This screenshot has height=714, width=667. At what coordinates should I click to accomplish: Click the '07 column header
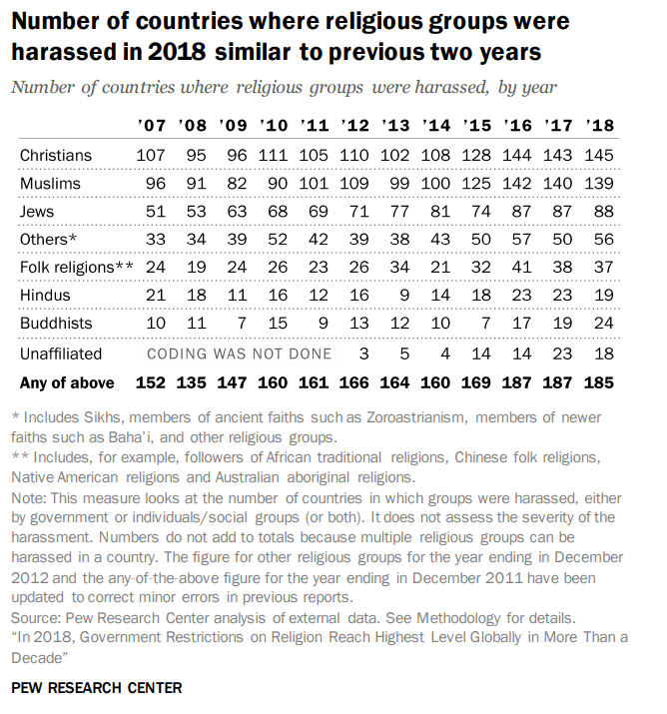click(153, 126)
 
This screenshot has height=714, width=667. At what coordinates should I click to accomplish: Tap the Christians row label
click(56, 155)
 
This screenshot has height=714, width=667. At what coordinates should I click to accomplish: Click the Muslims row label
click(51, 184)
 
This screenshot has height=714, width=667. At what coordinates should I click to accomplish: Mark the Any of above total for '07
click(152, 382)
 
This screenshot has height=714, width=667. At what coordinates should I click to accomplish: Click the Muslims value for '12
click(356, 184)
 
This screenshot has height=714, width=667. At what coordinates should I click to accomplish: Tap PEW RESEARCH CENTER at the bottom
click(97, 688)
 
